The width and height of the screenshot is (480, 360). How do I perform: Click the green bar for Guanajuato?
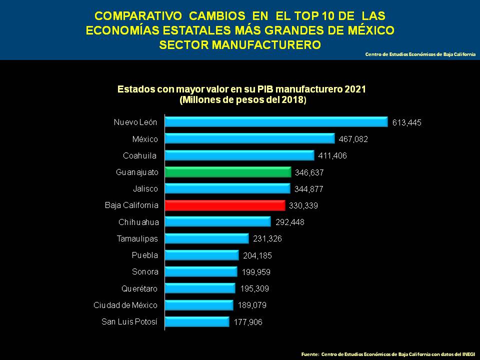click(227, 172)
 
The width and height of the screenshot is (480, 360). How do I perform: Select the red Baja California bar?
click(224, 205)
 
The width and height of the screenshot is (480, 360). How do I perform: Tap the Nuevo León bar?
click(276, 122)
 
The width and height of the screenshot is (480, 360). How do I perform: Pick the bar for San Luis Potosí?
click(196, 321)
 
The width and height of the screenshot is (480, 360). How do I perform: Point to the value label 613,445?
click(407, 122)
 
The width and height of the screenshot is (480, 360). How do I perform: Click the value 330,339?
click(303, 205)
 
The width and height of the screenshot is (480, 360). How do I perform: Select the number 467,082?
click(353, 139)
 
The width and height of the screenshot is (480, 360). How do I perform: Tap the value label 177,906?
click(247, 322)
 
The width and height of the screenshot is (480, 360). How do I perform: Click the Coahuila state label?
click(140, 155)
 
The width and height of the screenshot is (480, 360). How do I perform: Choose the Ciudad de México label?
click(125, 305)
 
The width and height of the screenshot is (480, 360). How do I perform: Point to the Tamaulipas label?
click(137, 238)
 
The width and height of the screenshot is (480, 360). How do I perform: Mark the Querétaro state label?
click(140, 288)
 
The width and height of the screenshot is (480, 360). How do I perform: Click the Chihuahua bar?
click(217, 222)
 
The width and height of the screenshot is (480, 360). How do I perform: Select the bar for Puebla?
click(201, 255)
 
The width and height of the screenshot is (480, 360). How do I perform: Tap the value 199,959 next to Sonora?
click(255, 272)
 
